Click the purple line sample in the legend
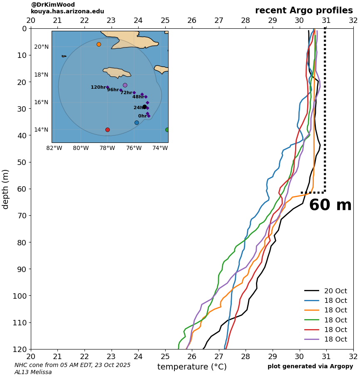312,340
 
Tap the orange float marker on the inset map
99,44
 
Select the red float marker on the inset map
107,130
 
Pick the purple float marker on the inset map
125,85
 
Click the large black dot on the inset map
144,107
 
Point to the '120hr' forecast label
98,87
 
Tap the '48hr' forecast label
138,97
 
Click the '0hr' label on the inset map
142,116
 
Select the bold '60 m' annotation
330,205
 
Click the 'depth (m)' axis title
6,189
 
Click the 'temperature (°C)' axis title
192,367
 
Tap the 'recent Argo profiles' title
304,11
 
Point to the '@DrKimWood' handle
53,5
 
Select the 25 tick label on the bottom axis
165,357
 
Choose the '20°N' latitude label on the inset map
41,47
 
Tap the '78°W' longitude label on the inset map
107,148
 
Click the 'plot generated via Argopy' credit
310,367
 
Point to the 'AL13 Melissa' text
33,372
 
